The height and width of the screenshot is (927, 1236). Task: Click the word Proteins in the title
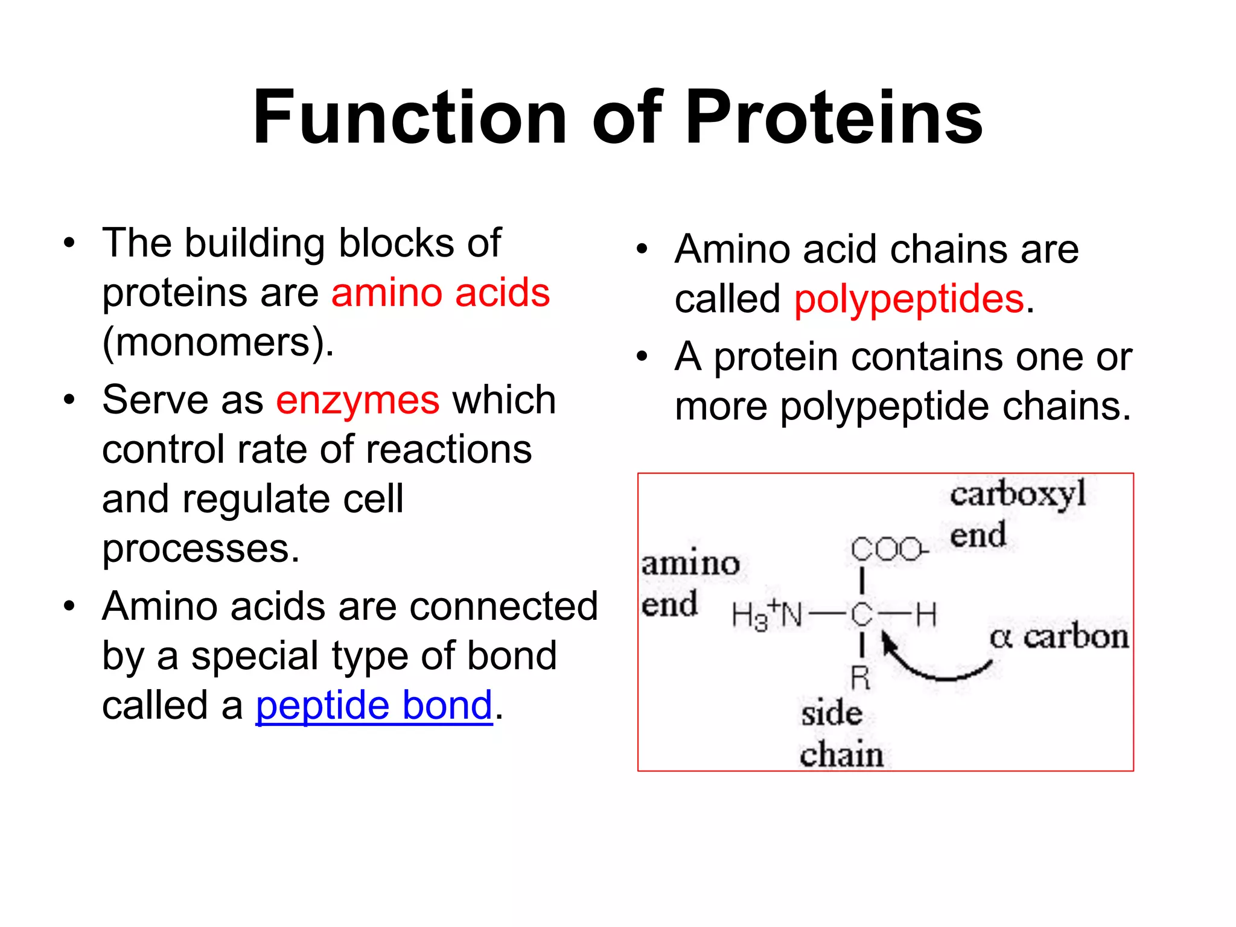(x=834, y=118)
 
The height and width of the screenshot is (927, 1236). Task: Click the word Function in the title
(x=410, y=118)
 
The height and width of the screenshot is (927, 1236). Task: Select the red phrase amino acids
(x=441, y=293)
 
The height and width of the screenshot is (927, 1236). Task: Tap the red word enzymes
(x=358, y=401)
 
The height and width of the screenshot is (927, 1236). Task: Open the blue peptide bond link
(x=374, y=706)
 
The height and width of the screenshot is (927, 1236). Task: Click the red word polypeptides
(x=909, y=299)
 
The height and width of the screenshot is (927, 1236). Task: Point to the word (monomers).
(x=218, y=342)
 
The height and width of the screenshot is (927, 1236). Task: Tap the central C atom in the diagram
(x=862, y=616)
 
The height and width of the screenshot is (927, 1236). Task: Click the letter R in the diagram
(x=861, y=678)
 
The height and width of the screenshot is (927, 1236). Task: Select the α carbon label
(x=1059, y=637)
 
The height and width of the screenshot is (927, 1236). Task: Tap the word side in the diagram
(x=832, y=714)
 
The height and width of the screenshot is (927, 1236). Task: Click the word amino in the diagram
(x=690, y=564)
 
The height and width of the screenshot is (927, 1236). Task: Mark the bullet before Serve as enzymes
(x=70, y=400)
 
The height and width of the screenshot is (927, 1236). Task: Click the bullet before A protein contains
(x=642, y=357)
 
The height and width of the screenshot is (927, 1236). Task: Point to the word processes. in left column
(x=201, y=549)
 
